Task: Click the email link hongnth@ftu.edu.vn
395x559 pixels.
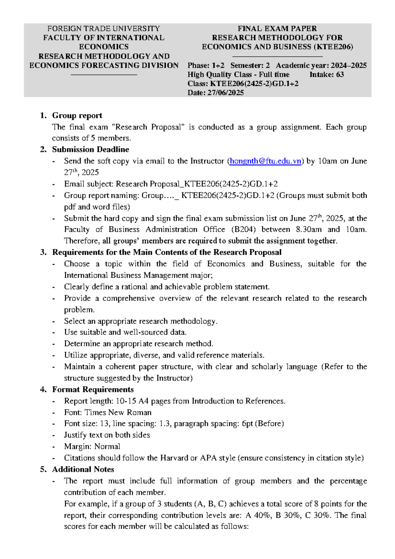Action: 265,161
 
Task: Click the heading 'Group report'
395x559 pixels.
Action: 77,116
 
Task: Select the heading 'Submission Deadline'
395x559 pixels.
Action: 91,149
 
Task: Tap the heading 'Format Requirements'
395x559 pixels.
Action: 93,389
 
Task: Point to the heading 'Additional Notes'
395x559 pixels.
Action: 83,469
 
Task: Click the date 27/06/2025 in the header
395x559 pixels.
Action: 225,93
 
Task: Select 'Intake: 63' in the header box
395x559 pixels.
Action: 327,75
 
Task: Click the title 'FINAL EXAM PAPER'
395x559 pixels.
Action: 277,29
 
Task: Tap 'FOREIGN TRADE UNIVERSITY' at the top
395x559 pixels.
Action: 104,29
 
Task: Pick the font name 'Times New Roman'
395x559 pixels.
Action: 118,413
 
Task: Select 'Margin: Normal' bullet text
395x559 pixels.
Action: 92,447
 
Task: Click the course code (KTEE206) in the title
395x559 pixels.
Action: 333,47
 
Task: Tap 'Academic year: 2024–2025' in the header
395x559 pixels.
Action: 321,66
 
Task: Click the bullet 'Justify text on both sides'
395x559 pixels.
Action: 107,435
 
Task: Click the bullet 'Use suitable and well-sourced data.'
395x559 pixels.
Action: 125,332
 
